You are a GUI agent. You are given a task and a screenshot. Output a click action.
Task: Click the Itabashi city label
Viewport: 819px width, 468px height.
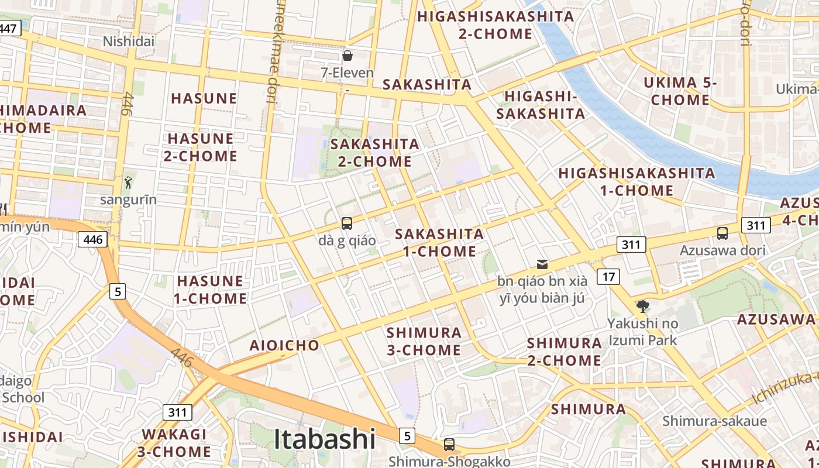click(x=325, y=439)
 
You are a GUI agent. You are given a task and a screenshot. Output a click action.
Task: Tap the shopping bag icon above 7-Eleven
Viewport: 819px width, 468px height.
click(x=347, y=56)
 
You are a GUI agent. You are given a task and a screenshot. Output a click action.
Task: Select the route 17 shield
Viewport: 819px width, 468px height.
click(x=609, y=276)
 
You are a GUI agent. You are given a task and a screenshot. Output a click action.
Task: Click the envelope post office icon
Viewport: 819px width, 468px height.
click(x=542, y=264)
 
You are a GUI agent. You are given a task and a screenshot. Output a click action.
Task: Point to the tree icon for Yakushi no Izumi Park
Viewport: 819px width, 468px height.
click(x=642, y=306)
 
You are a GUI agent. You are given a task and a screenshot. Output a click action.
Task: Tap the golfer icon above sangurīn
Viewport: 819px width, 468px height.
click(x=128, y=182)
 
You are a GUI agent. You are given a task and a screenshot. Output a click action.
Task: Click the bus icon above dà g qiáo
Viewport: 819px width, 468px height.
click(x=347, y=223)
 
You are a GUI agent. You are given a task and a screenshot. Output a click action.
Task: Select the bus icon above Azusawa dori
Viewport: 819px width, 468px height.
click(x=722, y=233)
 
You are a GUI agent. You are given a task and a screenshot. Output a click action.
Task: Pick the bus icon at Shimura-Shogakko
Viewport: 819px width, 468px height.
click(x=449, y=444)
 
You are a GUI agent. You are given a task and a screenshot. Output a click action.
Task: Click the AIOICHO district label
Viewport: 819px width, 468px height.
click(x=285, y=345)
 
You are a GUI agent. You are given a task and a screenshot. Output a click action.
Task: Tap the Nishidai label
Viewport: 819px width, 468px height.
click(x=129, y=41)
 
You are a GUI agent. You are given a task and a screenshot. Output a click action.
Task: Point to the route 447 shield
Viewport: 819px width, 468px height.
click(x=10, y=28)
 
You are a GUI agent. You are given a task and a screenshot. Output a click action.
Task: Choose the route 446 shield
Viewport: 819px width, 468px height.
click(x=93, y=239)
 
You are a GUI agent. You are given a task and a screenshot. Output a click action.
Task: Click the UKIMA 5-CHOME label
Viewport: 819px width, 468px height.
click(x=680, y=91)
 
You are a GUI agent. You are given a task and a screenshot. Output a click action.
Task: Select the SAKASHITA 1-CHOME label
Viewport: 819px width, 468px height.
click(x=439, y=243)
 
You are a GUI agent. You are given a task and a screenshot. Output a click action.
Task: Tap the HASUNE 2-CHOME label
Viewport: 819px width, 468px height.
click(x=201, y=147)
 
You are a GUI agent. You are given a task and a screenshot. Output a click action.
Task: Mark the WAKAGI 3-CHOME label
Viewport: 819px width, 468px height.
click(x=174, y=443)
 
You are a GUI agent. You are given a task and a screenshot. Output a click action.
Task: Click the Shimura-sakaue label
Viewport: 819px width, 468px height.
click(x=714, y=421)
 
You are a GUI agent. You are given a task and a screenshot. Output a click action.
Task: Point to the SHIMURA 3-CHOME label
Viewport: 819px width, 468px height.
click(x=424, y=341)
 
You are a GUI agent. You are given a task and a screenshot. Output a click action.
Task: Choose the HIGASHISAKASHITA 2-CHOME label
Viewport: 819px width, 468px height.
click(x=495, y=25)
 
